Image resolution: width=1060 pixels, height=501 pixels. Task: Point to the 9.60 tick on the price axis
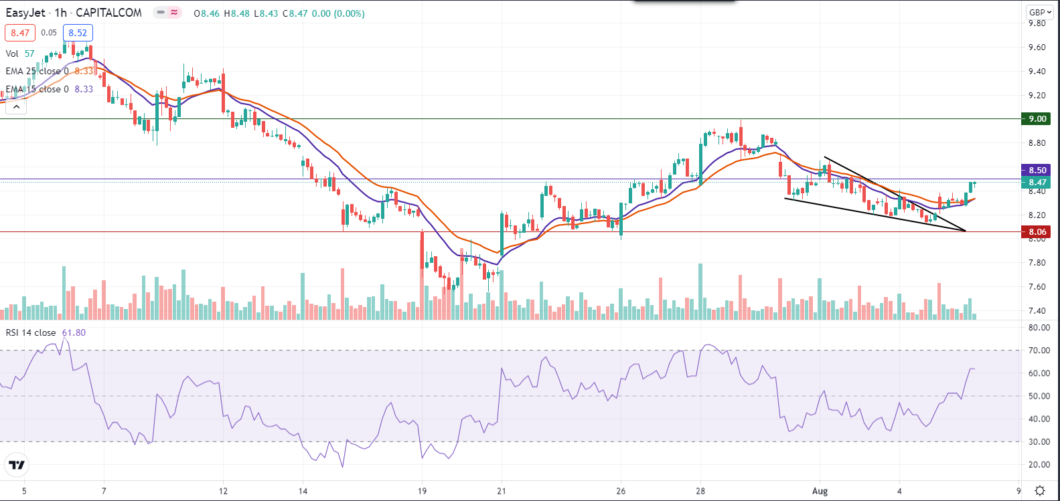click(x=1037, y=47)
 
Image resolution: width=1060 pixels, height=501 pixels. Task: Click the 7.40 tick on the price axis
click(x=1037, y=311)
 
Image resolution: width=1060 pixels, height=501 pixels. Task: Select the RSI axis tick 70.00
click(x=1039, y=350)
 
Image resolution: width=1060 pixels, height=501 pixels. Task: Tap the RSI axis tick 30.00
click(x=1039, y=442)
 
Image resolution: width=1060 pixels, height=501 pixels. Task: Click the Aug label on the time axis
click(x=820, y=491)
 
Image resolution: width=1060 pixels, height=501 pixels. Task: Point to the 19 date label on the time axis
click(x=422, y=491)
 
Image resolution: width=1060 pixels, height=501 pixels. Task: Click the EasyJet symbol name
click(x=25, y=13)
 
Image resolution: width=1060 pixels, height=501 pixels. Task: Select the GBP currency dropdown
click(x=1040, y=12)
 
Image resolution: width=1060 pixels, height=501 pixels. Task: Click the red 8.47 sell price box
click(x=20, y=33)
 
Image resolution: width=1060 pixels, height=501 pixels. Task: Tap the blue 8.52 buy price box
click(x=78, y=33)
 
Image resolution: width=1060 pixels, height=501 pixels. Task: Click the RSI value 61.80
click(x=74, y=332)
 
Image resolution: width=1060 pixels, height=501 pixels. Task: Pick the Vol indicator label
click(x=12, y=54)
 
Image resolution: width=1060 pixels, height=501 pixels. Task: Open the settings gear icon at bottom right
click(x=1040, y=491)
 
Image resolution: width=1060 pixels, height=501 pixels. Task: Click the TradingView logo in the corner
click(x=17, y=465)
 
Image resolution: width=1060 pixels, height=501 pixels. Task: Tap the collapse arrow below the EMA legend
click(x=16, y=106)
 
